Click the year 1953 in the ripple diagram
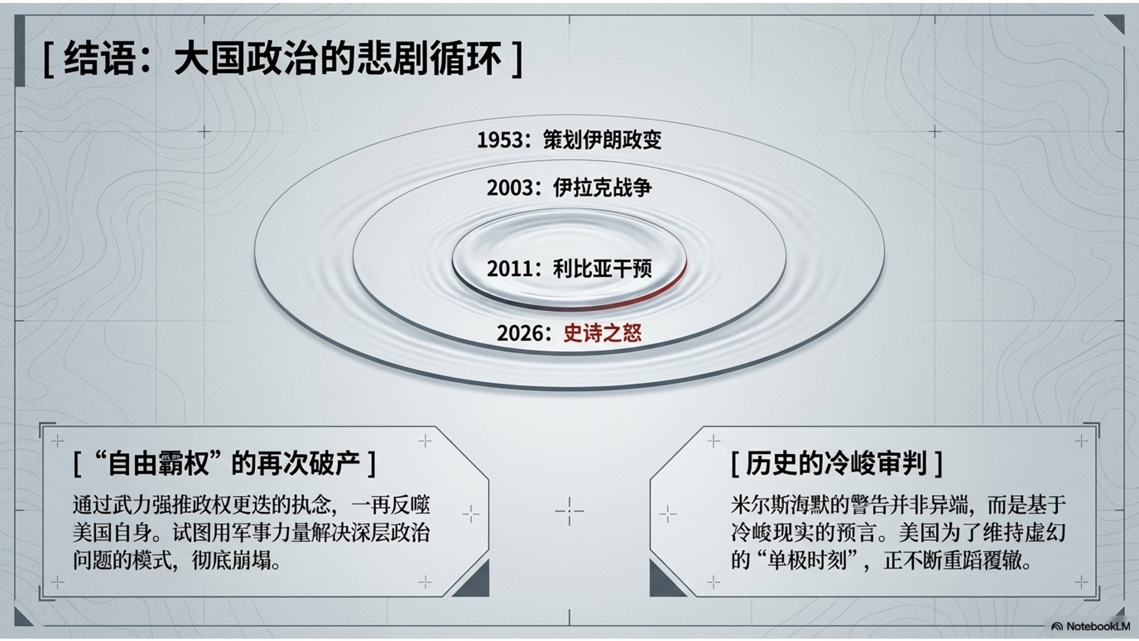click(500, 140)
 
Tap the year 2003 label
click(510, 188)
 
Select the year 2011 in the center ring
click(510, 268)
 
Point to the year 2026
click(520, 333)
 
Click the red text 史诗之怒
click(602, 332)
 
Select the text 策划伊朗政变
click(602, 139)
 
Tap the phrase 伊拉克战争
click(602, 187)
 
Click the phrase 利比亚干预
click(602, 268)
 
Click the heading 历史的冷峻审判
click(836, 463)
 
